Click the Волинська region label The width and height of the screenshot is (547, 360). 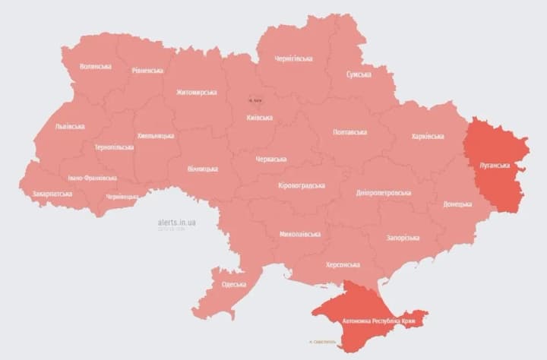tap(95, 66)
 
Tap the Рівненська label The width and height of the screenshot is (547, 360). tap(147, 71)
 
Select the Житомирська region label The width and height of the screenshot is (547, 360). tap(196, 92)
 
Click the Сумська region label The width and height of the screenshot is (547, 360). tap(359, 74)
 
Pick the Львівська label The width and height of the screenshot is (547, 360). tap(70, 126)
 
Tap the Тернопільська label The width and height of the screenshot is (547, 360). tap(114, 147)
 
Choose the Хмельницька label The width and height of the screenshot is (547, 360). tap(155, 136)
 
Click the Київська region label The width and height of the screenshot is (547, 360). tap(260, 118)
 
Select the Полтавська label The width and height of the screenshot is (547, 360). tap(349, 132)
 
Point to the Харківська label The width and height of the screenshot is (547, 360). tap(428, 136)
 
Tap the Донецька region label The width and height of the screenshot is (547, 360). tap(457, 204)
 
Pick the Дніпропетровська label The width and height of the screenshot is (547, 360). tap(384, 192)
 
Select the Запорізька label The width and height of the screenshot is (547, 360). tap(403, 238)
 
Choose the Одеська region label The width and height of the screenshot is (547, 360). tap(234, 284)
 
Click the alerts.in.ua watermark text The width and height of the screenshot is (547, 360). tap(177, 222)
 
